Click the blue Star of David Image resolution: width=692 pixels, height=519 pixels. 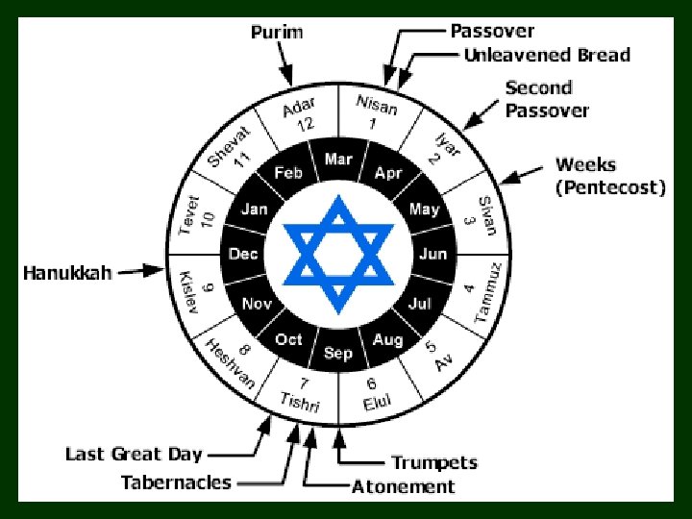click(337, 255)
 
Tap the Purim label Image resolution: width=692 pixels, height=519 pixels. click(277, 32)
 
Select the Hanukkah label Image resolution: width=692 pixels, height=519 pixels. click(67, 273)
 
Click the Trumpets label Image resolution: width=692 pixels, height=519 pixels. click(434, 462)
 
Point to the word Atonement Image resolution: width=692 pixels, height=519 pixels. click(403, 486)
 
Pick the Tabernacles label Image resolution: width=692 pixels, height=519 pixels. click(176, 482)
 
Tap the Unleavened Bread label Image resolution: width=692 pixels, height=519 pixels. click(547, 55)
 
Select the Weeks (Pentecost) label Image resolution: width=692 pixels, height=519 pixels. click(610, 177)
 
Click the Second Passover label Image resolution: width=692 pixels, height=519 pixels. click(547, 99)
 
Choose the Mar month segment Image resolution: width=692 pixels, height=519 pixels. click(338, 160)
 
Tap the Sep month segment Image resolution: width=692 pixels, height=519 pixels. click(338, 353)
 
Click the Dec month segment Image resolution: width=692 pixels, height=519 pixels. click(243, 255)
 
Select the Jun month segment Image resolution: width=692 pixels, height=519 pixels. click(432, 255)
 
